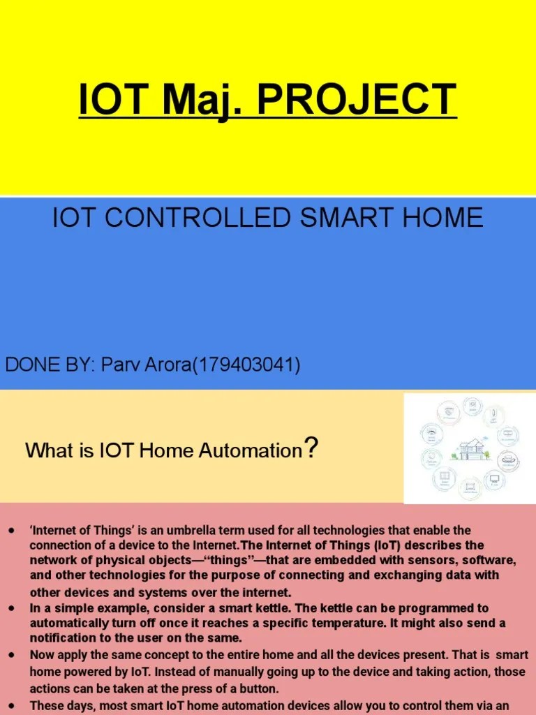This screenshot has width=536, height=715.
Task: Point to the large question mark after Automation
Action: (x=311, y=448)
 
